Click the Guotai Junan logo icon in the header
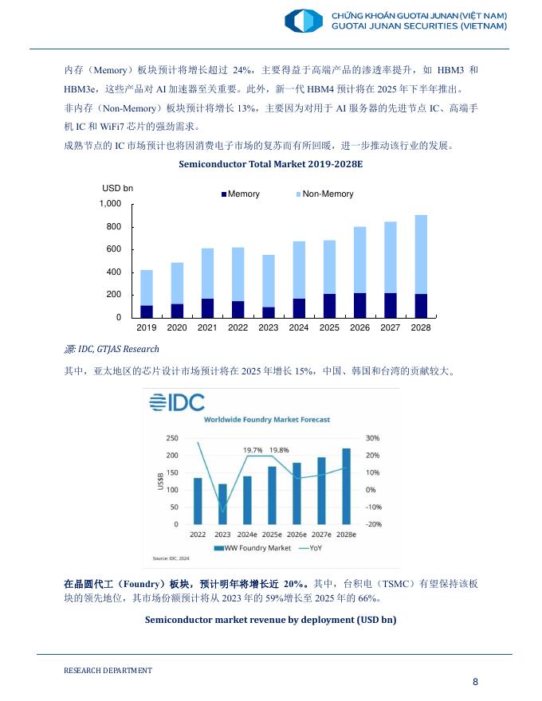pos(303,21)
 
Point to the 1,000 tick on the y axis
pos(110,205)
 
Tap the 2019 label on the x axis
pos(147,327)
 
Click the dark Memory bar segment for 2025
pos(329,305)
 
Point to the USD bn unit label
pos(117,188)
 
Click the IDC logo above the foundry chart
pos(177,402)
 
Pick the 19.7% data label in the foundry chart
pos(253,450)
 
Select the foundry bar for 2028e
pos(346,486)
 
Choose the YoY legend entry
pos(313,548)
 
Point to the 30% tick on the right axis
pos(371,438)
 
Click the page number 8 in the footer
pos(475,681)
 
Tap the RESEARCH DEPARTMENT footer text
pos(108,671)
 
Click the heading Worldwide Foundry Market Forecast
pos(267,419)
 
